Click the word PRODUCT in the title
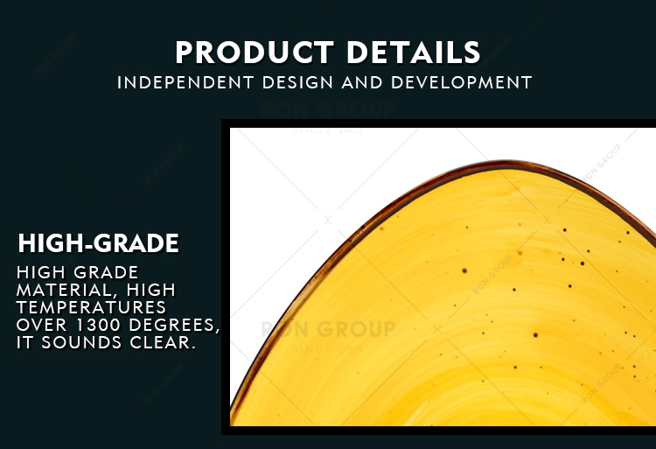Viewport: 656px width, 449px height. [x=255, y=53]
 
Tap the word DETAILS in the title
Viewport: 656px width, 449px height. [x=414, y=53]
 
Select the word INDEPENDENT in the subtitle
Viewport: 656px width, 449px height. [x=185, y=82]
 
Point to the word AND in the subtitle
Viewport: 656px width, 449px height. [x=362, y=82]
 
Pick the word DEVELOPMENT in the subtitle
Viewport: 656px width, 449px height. [x=461, y=82]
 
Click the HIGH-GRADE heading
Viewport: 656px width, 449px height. [x=98, y=243]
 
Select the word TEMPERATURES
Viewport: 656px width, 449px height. [x=91, y=307]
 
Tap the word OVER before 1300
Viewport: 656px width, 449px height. [x=42, y=325]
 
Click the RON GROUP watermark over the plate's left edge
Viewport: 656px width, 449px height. [x=328, y=329]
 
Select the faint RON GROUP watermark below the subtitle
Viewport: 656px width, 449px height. [x=328, y=109]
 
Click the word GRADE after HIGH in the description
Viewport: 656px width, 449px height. [x=106, y=272]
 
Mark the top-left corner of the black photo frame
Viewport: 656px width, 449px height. [x=222, y=120]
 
